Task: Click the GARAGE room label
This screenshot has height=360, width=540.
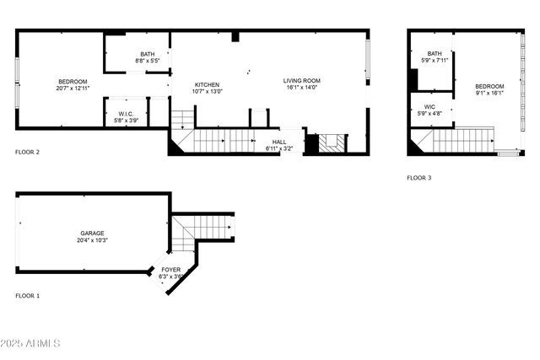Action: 93,234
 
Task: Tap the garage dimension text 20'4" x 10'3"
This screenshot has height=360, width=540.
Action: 93,241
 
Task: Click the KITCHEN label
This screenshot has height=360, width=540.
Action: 207,84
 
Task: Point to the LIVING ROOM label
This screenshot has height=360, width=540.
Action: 301,81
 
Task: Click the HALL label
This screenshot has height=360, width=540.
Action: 278,142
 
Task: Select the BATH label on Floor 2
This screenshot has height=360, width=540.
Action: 147,55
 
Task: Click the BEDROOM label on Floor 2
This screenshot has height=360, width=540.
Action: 73,81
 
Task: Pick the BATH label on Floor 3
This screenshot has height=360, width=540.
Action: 435,54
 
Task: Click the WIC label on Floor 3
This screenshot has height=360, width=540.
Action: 429,107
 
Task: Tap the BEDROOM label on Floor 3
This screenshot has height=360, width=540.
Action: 489,86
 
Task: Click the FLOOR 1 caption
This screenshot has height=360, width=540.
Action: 28,296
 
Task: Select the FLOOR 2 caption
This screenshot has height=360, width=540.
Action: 28,153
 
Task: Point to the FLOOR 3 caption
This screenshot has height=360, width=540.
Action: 418,178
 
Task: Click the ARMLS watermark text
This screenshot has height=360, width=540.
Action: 31,343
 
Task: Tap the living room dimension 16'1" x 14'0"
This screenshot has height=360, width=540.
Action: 301,88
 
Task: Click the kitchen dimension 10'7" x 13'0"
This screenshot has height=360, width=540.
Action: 207,91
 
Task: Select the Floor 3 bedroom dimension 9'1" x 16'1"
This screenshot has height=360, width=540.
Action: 489,93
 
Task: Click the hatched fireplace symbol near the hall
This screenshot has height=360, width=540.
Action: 332,142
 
